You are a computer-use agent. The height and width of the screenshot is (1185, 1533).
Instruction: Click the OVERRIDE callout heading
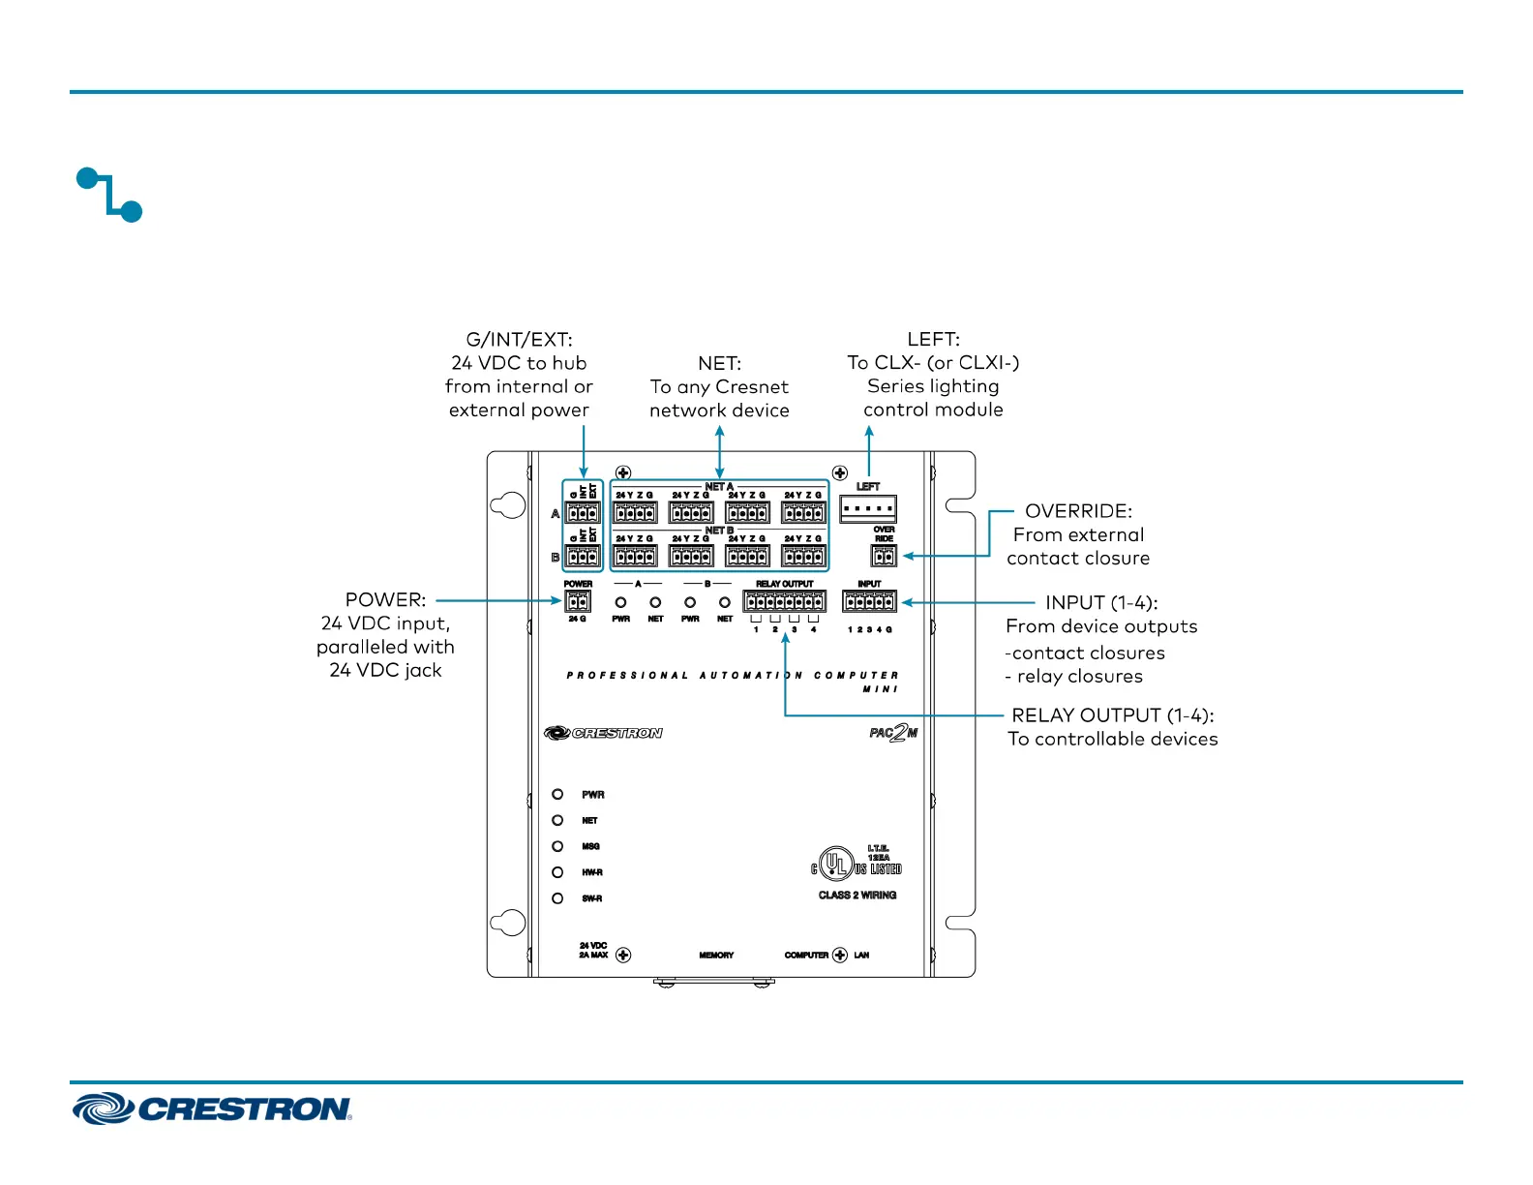coord(1078,511)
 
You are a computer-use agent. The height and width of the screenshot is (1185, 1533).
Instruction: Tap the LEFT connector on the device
coord(868,508)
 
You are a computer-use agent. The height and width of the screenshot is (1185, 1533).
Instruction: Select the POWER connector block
coord(578,601)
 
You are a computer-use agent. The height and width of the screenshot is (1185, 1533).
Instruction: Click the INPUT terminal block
coord(869,601)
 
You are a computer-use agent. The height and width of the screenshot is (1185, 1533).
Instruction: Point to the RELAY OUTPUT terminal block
coord(784,601)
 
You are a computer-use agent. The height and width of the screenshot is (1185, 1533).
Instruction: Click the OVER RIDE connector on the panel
coord(884,556)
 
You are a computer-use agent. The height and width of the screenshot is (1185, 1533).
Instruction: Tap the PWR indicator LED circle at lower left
coord(557,794)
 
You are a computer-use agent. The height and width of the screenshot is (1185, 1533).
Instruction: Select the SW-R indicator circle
coord(557,898)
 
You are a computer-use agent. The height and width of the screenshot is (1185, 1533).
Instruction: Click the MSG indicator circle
coord(557,846)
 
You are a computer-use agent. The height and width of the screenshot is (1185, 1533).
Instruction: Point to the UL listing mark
coord(835,864)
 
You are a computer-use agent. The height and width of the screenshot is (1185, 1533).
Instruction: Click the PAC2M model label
coord(892,733)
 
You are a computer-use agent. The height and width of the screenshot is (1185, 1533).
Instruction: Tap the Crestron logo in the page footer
coord(212,1109)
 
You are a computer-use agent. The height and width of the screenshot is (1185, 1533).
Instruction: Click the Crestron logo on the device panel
coord(603,733)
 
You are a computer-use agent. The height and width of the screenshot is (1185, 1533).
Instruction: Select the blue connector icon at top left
coord(109,195)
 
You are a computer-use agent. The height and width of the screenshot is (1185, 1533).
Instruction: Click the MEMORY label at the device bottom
coord(716,956)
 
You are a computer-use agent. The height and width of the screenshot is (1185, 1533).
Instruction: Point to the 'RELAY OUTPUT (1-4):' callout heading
coord(1112,715)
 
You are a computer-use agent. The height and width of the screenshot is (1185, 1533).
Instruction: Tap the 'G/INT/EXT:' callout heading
coord(519,340)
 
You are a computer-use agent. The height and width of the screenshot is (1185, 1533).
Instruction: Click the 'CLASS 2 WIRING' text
coord(857,896)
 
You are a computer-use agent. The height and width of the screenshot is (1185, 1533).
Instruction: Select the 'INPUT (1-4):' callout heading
coord(1101,603)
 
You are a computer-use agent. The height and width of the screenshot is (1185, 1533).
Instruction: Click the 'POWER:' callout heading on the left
coord(385,600)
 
